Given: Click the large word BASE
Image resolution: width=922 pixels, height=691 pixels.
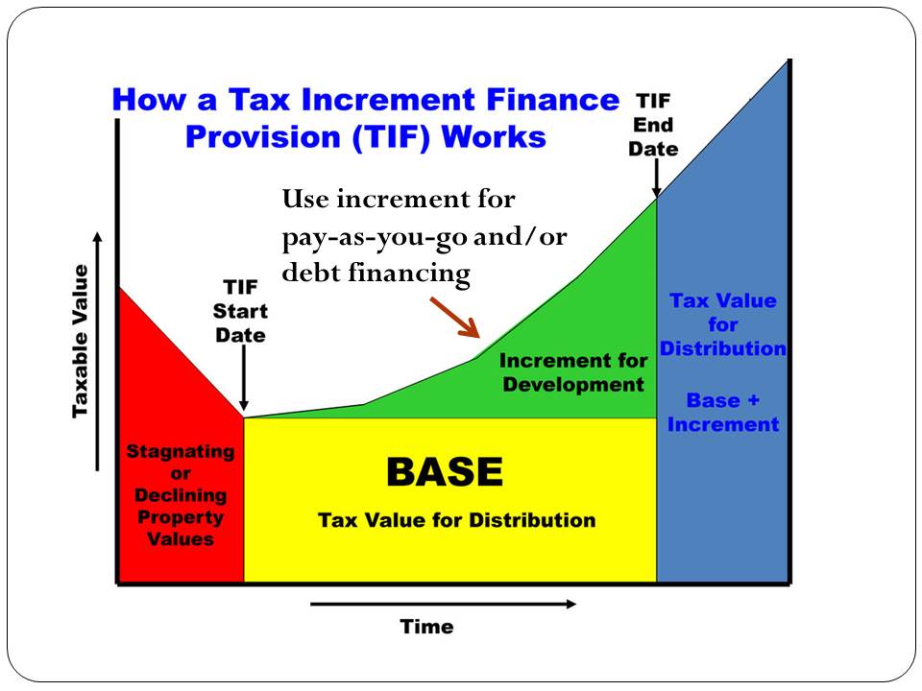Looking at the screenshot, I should point(444,471).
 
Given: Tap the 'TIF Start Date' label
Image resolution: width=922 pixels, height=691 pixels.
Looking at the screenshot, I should point(240,311).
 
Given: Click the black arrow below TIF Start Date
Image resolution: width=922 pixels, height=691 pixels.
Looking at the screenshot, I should point(244,379).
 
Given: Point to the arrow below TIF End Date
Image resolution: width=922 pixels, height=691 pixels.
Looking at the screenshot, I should point(656,179).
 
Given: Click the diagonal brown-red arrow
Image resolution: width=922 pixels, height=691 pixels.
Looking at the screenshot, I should point(454,317).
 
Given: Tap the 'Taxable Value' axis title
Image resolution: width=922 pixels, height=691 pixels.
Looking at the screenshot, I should point(81,341).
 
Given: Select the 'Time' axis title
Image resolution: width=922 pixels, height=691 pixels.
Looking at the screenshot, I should point(426,627).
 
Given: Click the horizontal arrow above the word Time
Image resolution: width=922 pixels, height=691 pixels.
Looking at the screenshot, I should point(443,604).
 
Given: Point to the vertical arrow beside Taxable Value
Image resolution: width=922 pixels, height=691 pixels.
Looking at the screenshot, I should point(98,350).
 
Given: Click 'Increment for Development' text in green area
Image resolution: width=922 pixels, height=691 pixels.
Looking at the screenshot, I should point(572,372).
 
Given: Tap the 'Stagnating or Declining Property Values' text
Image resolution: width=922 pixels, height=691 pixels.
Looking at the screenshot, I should point(181,494).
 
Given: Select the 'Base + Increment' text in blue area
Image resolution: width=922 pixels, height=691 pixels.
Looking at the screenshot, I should point(722,412).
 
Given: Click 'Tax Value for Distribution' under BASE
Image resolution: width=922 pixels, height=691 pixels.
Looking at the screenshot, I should point(456,520).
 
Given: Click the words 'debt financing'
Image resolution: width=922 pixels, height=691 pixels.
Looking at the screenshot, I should point(376,274).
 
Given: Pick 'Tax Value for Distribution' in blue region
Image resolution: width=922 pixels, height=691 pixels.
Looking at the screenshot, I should point(722,324).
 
